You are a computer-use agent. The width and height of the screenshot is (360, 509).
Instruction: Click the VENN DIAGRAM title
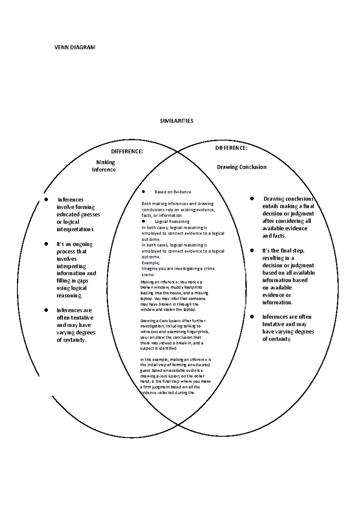(74, 47)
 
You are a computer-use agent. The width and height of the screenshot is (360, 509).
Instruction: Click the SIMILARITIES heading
(176, 121)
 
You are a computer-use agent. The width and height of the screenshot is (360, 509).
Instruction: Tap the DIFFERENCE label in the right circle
(231, 148)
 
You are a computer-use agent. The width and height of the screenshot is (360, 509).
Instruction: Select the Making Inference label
(104, 166)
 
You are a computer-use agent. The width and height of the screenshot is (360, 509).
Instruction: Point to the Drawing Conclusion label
(241, 167)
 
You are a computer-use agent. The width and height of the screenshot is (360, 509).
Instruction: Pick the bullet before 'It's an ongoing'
(46, 244)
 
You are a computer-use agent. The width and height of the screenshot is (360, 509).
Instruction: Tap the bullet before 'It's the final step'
(252, 250)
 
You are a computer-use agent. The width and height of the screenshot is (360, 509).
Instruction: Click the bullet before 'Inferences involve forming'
(46, 199)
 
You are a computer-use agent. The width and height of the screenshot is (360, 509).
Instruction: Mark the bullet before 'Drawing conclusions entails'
(252, 198)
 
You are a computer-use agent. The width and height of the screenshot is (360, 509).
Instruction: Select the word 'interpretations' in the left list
(75, 229)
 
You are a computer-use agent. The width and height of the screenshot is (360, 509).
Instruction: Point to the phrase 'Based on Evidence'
(173, 192)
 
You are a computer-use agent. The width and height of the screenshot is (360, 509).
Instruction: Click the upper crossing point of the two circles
(178, 152)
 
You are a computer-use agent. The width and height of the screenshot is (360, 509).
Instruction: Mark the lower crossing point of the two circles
(178, 424)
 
